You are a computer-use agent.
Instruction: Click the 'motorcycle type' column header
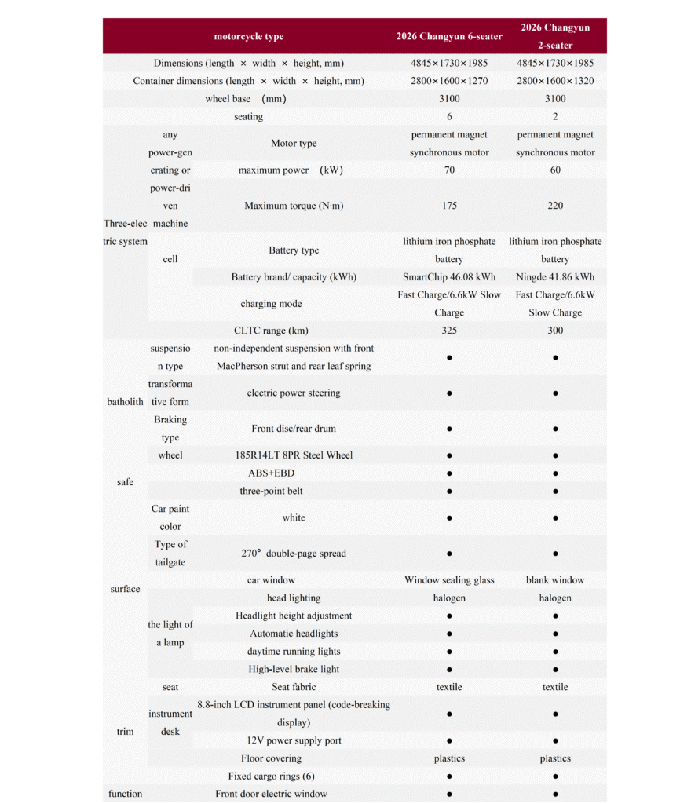(x=249, y=36)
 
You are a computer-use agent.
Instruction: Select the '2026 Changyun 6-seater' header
(x=449, y=36)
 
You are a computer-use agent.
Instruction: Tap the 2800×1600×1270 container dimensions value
(x=449, y=81)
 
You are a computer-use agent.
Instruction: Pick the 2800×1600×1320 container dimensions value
(x=555, y=81)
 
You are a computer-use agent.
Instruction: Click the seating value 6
(x=449, y=116)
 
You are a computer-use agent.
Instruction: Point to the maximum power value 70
(x=449, y=170)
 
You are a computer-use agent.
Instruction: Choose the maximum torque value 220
(x=555, y=206)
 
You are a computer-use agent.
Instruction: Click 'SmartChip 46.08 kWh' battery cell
(x=449, y=277)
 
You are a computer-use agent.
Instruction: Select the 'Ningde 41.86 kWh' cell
(x=555, y=277)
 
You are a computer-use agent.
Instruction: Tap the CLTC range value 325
(x=449, y=331)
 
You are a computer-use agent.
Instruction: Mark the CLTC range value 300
(x=555, y=331)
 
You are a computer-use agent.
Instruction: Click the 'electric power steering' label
(x=294, y=393)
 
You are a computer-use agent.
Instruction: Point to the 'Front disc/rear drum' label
(x=294, y=429)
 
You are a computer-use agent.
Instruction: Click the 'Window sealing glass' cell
(x=449, y=580)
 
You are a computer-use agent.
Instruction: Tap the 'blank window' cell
(x=555, y=580)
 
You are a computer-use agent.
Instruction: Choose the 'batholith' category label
(x=126, y=401)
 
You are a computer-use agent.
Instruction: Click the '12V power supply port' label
(x=294, y=740)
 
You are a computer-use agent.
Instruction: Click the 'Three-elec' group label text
(x=124, y=224)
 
